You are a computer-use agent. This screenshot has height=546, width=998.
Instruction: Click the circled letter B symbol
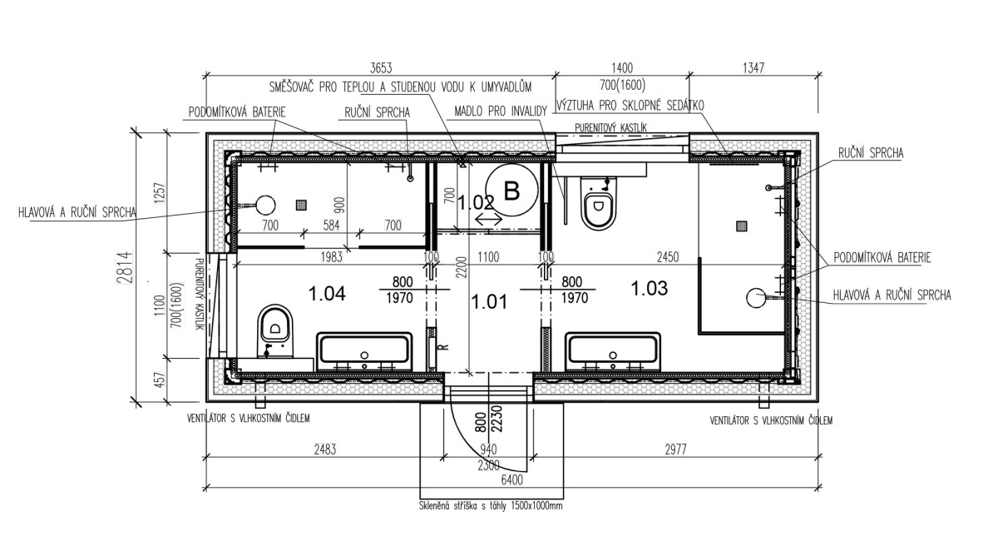pyautogui.click(x=511, y=191)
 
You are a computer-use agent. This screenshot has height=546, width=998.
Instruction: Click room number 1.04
pyautogui.click(x=327, y=294)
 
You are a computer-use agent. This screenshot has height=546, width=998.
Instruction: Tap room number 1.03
pyautogui.click(x=650, y=288)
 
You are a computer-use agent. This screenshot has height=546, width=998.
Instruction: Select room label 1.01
pyautogui.click(x=489, y=302)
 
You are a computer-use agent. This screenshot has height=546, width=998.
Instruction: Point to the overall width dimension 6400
pyautogui.click(x=512, y=480)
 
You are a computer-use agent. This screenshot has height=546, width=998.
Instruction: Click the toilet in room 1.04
pyautogui.click(x=275, y=330)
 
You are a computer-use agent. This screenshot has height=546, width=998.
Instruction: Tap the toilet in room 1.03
pyautogui.click(x=600, y=203)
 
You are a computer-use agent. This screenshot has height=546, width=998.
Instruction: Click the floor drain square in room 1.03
pyautogui.click(x=742, y=226)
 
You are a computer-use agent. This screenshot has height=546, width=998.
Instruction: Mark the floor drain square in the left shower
pyautogui.click(x=302, y=205)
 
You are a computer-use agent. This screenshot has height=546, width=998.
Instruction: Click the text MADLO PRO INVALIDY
pyautogui.click(x=501, y=111)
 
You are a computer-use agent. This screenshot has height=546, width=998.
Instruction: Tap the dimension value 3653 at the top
pyautogui.click(x=381, y=67)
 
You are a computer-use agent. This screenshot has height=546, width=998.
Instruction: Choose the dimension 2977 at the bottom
pyautogui.click(x=675, y=449)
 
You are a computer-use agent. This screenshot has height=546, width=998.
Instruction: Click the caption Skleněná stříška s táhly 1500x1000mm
pyautogui.click(x=491, y=506)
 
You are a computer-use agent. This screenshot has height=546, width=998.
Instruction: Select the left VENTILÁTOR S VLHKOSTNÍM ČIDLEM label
pyautogui.click(x=248, y=418)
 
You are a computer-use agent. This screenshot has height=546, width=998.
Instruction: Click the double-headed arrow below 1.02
pyautogui.click(x=488, y=219)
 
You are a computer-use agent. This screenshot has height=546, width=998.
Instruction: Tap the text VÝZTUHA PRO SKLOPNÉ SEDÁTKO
pyautogui.click(x=630, y=105)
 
